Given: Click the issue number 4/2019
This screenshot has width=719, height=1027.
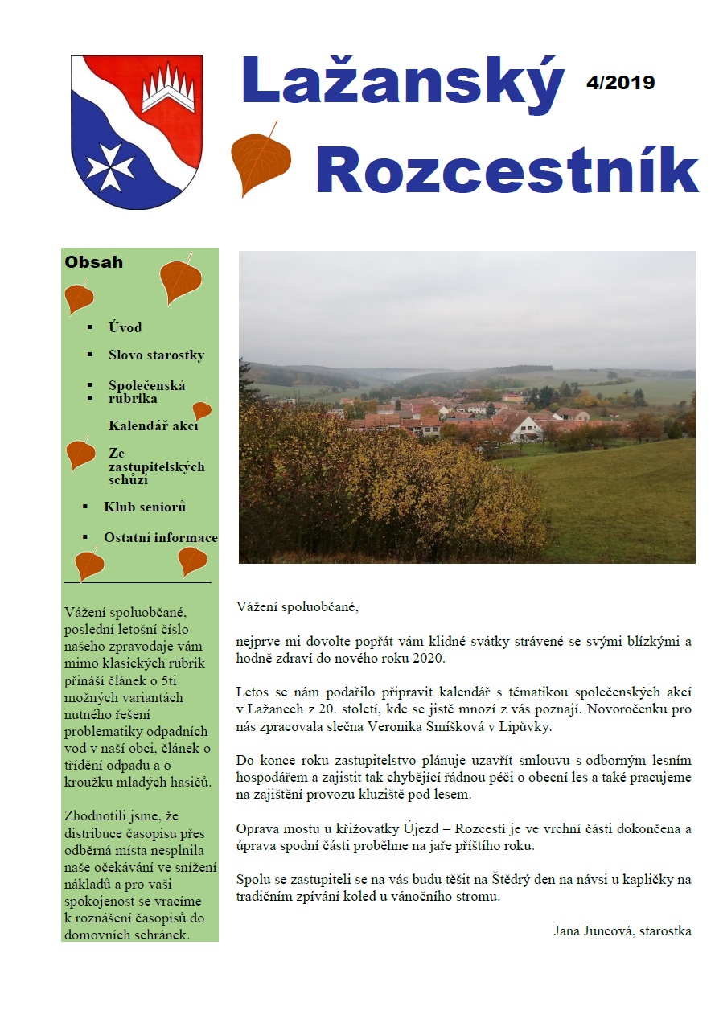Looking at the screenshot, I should pyautogui.click(x=620, y=82).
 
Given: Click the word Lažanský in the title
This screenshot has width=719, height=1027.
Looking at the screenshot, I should pyautogui.click(x=403, y=84).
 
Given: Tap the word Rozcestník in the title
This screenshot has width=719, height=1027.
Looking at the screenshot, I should pyautogui.click(x=507, y=170).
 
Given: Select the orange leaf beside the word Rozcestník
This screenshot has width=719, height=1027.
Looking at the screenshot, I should pyautogui.click(x=260, y=158).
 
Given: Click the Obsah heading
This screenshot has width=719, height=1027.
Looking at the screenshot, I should pyautogui.click(x=94, y=262).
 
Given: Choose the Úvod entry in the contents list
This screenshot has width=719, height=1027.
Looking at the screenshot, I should pyautogui.click(x=125, y=327).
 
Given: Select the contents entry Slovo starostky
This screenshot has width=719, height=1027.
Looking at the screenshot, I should pyautogui.click(x=156, y=355).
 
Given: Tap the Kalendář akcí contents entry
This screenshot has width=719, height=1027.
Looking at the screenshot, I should pyautogui.click(x=153, y=425).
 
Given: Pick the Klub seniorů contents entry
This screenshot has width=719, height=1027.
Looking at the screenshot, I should pyautogui.click(x=145, y=507).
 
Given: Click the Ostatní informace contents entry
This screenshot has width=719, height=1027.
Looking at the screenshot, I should pyautogui.click(x=160, y=537).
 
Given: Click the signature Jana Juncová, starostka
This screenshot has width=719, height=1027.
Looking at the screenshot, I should pyautogui.click(x=622, y=931).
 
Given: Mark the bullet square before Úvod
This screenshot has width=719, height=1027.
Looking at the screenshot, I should pyautogui.click(x=90, y=327).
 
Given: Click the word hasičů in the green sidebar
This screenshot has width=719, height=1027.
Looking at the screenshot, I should pyautogui.click(x=190, y=782).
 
